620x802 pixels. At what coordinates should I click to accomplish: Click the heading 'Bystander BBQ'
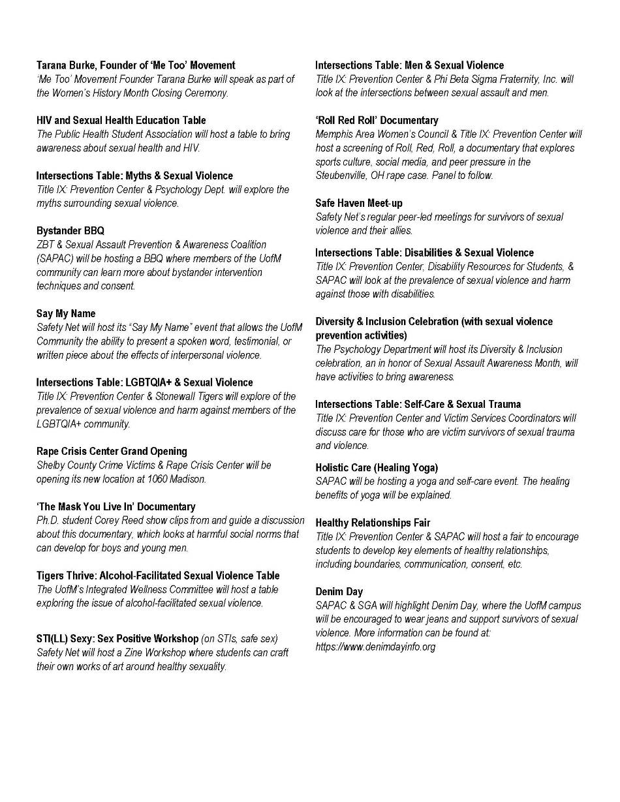[x=70, y=231]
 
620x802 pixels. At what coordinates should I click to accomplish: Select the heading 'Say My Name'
[x=66, y=314]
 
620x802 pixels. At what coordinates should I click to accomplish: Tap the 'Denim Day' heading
[x=339, y=592]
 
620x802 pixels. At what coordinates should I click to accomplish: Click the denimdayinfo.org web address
[x=375, y=647]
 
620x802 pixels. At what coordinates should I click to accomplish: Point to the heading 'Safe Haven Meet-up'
[x=359, y=204]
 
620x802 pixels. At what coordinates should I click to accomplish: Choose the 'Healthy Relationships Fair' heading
[x=373, y=523]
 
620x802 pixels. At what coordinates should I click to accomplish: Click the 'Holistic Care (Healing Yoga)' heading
[x=377, y=468]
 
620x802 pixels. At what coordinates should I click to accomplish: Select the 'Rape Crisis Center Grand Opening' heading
[x=112, y=452]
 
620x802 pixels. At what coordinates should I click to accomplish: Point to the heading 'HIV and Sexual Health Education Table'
[x=121, y=121]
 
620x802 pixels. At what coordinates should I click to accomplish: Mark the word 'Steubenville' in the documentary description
[x=343, y=176]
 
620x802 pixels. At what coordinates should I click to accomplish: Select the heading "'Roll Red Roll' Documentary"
[x=377, y=121]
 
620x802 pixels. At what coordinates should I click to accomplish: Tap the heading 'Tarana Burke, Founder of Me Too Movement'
[x=136, y=65]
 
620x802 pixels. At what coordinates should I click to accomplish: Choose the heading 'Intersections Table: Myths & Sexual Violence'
[x=134, y=176]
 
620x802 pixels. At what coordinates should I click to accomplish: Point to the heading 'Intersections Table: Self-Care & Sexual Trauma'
[x=418, y=405]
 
